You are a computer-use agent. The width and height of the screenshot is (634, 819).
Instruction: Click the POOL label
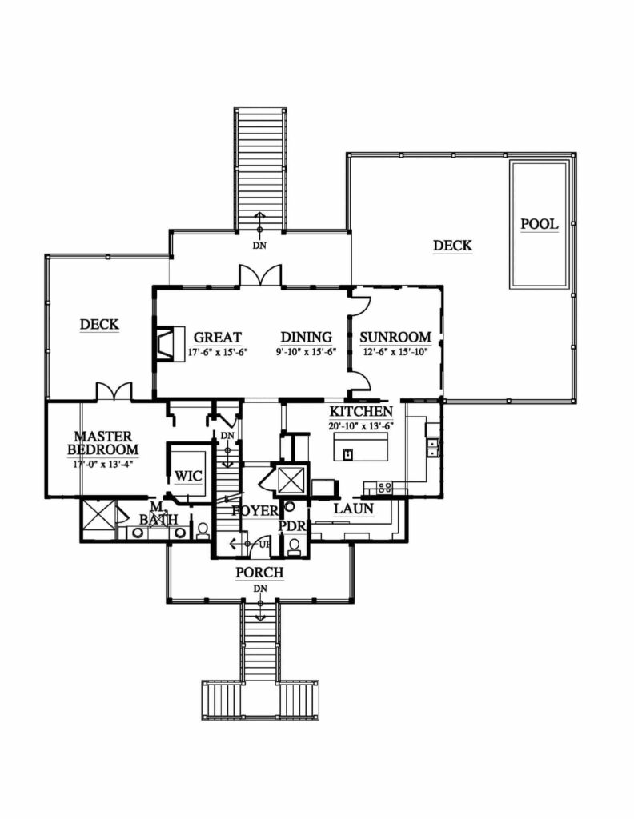click(x=539, y=224)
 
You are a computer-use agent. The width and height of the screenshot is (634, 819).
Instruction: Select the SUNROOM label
click(x=395, y=338)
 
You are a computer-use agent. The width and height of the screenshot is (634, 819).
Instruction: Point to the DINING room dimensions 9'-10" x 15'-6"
click(x=307, y=351)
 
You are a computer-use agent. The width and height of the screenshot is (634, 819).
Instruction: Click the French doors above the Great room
click(x=259, y=276)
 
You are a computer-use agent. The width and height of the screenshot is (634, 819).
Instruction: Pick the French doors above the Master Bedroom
click(x=114, y=391)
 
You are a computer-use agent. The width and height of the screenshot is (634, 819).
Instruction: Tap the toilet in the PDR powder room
click(x=294, y=545)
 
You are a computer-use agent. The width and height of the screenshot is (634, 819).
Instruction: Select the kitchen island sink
click(x=348, y=454)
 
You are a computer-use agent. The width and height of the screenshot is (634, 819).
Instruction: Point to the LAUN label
click(x=353, y=509)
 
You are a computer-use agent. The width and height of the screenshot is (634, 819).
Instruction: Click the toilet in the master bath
click(x=203, y=531)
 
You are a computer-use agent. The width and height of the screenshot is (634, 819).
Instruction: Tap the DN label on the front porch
click(x=259, y=589)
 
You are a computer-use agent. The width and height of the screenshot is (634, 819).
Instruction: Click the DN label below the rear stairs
click(x=259, y=246)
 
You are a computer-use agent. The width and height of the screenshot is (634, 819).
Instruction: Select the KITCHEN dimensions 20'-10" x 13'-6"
click(x=361, y=426)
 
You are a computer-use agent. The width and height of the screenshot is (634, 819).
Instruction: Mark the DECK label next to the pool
click(x=452, y=246)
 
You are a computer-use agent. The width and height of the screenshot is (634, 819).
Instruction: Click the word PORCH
click(x=259, y=573)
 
